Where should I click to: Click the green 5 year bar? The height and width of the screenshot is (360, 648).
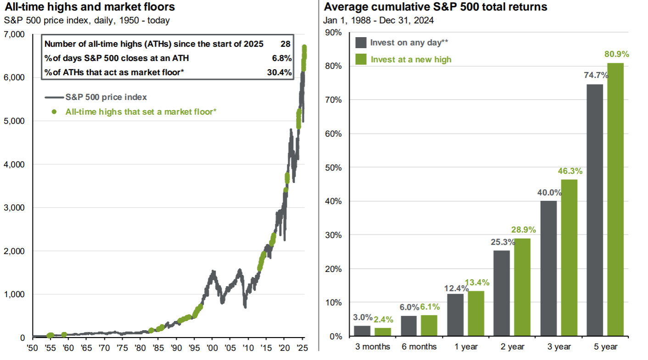click(616, 199)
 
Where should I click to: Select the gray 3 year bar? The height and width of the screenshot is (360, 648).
click(549, 268)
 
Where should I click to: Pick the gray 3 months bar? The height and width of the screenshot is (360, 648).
click(362, 331)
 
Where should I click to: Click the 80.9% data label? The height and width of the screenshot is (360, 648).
click(617, 54)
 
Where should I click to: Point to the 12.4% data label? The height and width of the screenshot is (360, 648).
click(456, 288)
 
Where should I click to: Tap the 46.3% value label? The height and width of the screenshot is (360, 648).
click(570, 171)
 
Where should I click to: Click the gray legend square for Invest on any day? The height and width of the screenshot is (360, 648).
click(361, 43)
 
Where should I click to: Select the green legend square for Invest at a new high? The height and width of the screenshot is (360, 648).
click(361, 59)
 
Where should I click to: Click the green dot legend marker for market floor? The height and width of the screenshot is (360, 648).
click(54, 111)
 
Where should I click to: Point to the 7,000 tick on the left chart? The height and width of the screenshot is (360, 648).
click(16, 34)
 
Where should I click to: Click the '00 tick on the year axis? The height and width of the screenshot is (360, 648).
click(212, 348)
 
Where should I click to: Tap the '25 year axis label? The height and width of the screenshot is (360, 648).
click(302, 348)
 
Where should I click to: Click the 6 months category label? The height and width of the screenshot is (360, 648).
click(419, 347)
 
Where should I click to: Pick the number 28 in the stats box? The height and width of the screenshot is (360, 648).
click(286, 44)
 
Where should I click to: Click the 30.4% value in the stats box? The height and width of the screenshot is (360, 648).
click(279, 72)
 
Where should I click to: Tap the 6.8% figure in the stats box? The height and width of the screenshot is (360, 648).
click(282, 58)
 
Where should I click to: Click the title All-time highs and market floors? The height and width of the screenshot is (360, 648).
click(89, 8)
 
